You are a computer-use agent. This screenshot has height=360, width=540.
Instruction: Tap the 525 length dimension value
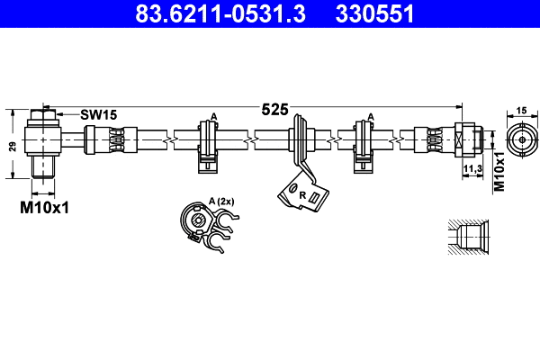point(274,110)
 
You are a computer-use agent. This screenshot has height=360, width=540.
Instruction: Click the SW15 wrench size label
point(98,114)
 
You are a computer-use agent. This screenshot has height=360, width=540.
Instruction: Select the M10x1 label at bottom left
point(45,208)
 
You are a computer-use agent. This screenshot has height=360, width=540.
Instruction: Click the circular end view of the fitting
point(519,140)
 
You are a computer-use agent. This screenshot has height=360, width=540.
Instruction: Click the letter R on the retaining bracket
point(302,194)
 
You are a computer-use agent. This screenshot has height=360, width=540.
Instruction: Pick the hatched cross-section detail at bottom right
point(467,238)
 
